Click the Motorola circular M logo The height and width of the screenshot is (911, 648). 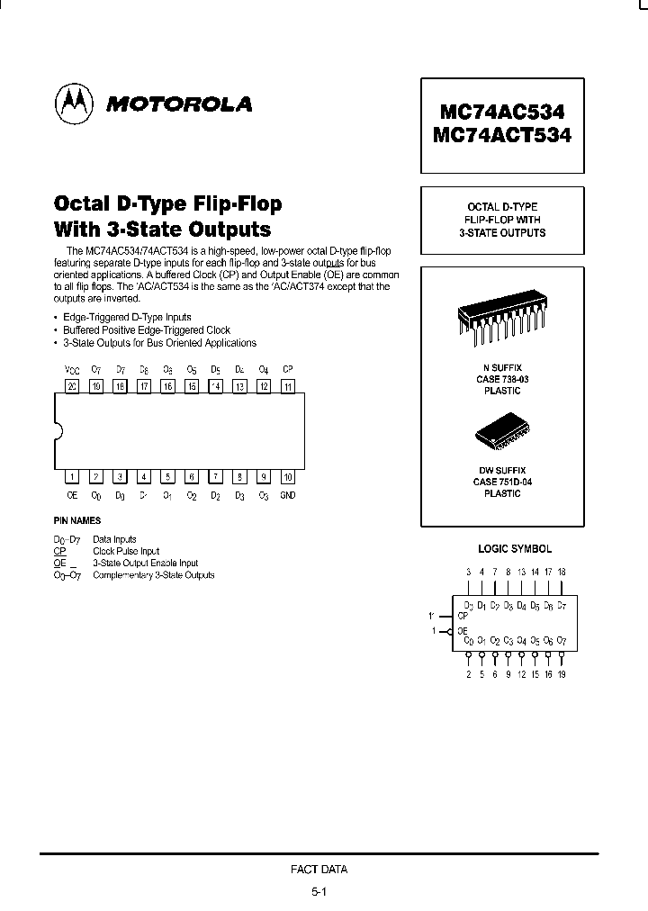pos(75,104)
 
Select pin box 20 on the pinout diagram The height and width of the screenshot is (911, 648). pos(72,386)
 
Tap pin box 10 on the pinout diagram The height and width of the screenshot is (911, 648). pos(288,477)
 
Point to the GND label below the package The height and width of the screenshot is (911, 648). pos(288,495)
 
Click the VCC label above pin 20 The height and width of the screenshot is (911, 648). pos(72,369)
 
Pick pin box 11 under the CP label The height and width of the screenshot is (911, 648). pos(288,386)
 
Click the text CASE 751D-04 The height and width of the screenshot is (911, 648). pos(501,482)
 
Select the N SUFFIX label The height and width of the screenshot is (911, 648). pos(501,368)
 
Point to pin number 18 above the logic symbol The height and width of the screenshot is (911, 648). pos(562,572)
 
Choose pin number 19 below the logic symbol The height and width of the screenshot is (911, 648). pos(562,674)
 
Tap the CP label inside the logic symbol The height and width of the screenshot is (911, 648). pos(463,616)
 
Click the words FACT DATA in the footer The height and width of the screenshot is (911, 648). pos(319,870)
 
